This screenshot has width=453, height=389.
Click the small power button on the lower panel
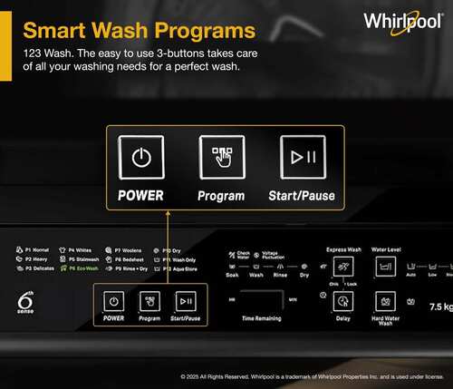[114, 302]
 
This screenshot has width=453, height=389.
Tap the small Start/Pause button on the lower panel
[185, 302]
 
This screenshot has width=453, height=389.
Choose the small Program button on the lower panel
[149, 302]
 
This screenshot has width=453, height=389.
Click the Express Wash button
[342, 267]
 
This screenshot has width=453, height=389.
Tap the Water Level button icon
[388, 267]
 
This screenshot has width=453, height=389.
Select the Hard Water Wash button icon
[388, 301]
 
